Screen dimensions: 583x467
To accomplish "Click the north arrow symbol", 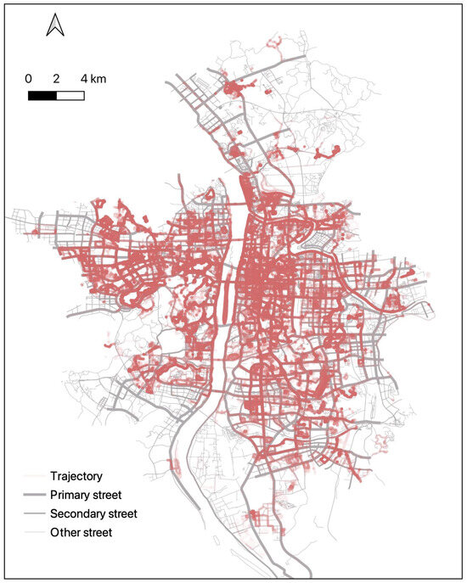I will pos(55,26).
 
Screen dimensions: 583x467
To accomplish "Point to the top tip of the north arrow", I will pos(55,15).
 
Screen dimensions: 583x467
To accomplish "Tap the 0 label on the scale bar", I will pos(29,79).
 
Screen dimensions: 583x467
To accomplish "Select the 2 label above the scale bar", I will pos(56,79).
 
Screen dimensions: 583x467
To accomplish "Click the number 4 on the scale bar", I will pos(84,79).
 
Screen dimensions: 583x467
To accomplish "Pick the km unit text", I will pos(98,79).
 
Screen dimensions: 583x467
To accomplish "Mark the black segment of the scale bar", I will pos(42,95).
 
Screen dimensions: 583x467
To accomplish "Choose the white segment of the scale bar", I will pos(70,95).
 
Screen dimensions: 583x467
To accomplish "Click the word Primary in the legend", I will pos(74,495).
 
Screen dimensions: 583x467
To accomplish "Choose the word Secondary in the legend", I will pos(82,513).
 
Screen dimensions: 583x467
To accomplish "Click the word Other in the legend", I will pos(67,533).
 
